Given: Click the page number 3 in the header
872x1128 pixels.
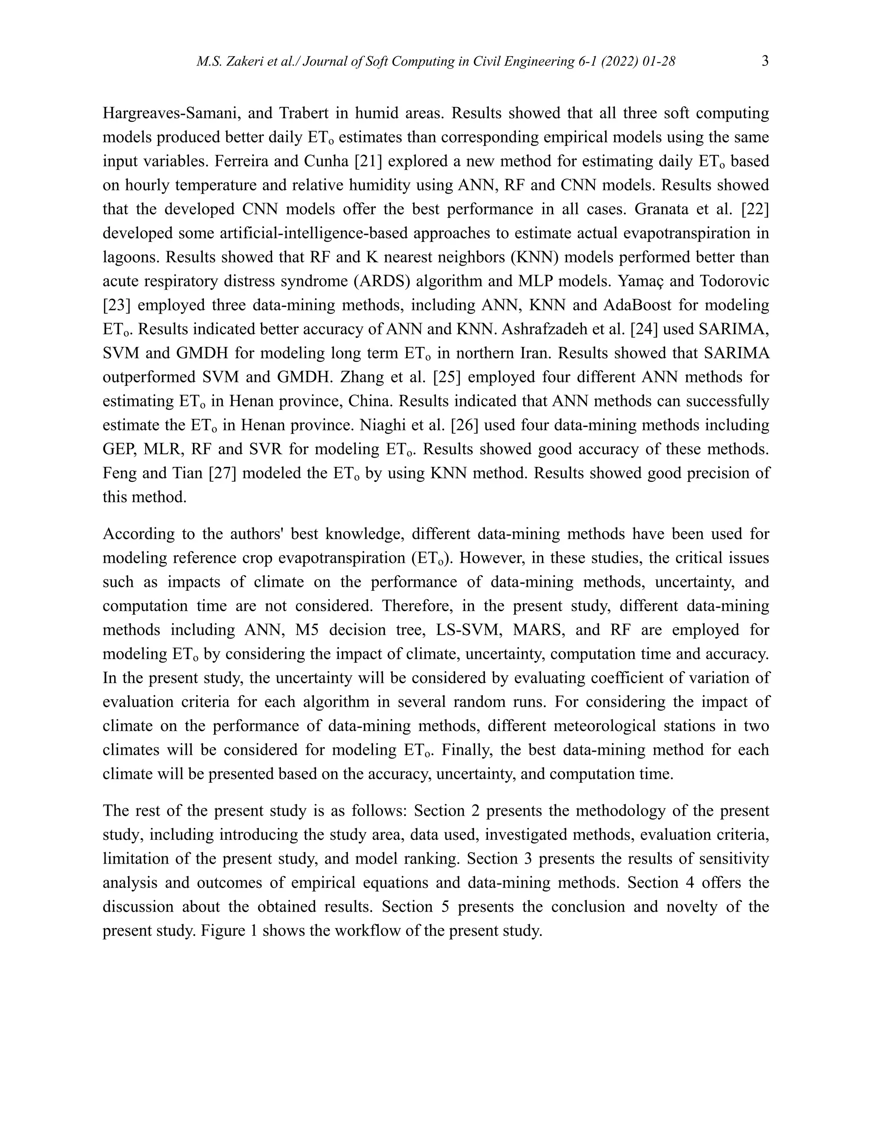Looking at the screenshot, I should pyautogui.click(x=765, y=61).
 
